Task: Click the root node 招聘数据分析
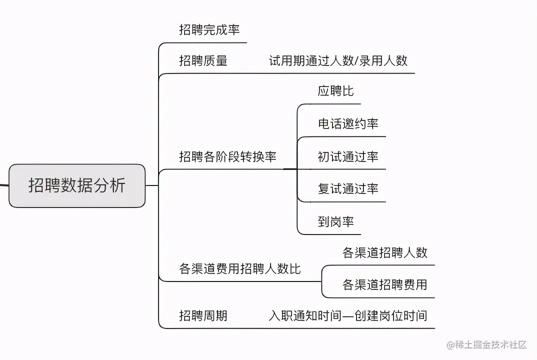(77, 185)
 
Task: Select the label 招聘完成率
(209, 30)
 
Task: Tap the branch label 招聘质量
(203, 61)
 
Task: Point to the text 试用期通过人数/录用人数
(338, 61)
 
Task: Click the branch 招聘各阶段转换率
(227, 156)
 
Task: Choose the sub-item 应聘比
(335, 91)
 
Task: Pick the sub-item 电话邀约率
(348, 123)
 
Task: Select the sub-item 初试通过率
(348, 156)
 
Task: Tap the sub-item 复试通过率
(348, 188)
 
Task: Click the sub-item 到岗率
(335, 221)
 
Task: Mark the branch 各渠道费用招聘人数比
(240, 268)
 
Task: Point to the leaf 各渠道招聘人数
(385, 252)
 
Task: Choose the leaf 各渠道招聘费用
(385, 285)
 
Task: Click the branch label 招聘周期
(203, 315)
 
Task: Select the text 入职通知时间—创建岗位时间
(348, 315)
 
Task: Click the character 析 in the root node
(118, 185)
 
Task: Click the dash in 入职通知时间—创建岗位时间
(348, 316)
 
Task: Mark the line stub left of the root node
(4, 185)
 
